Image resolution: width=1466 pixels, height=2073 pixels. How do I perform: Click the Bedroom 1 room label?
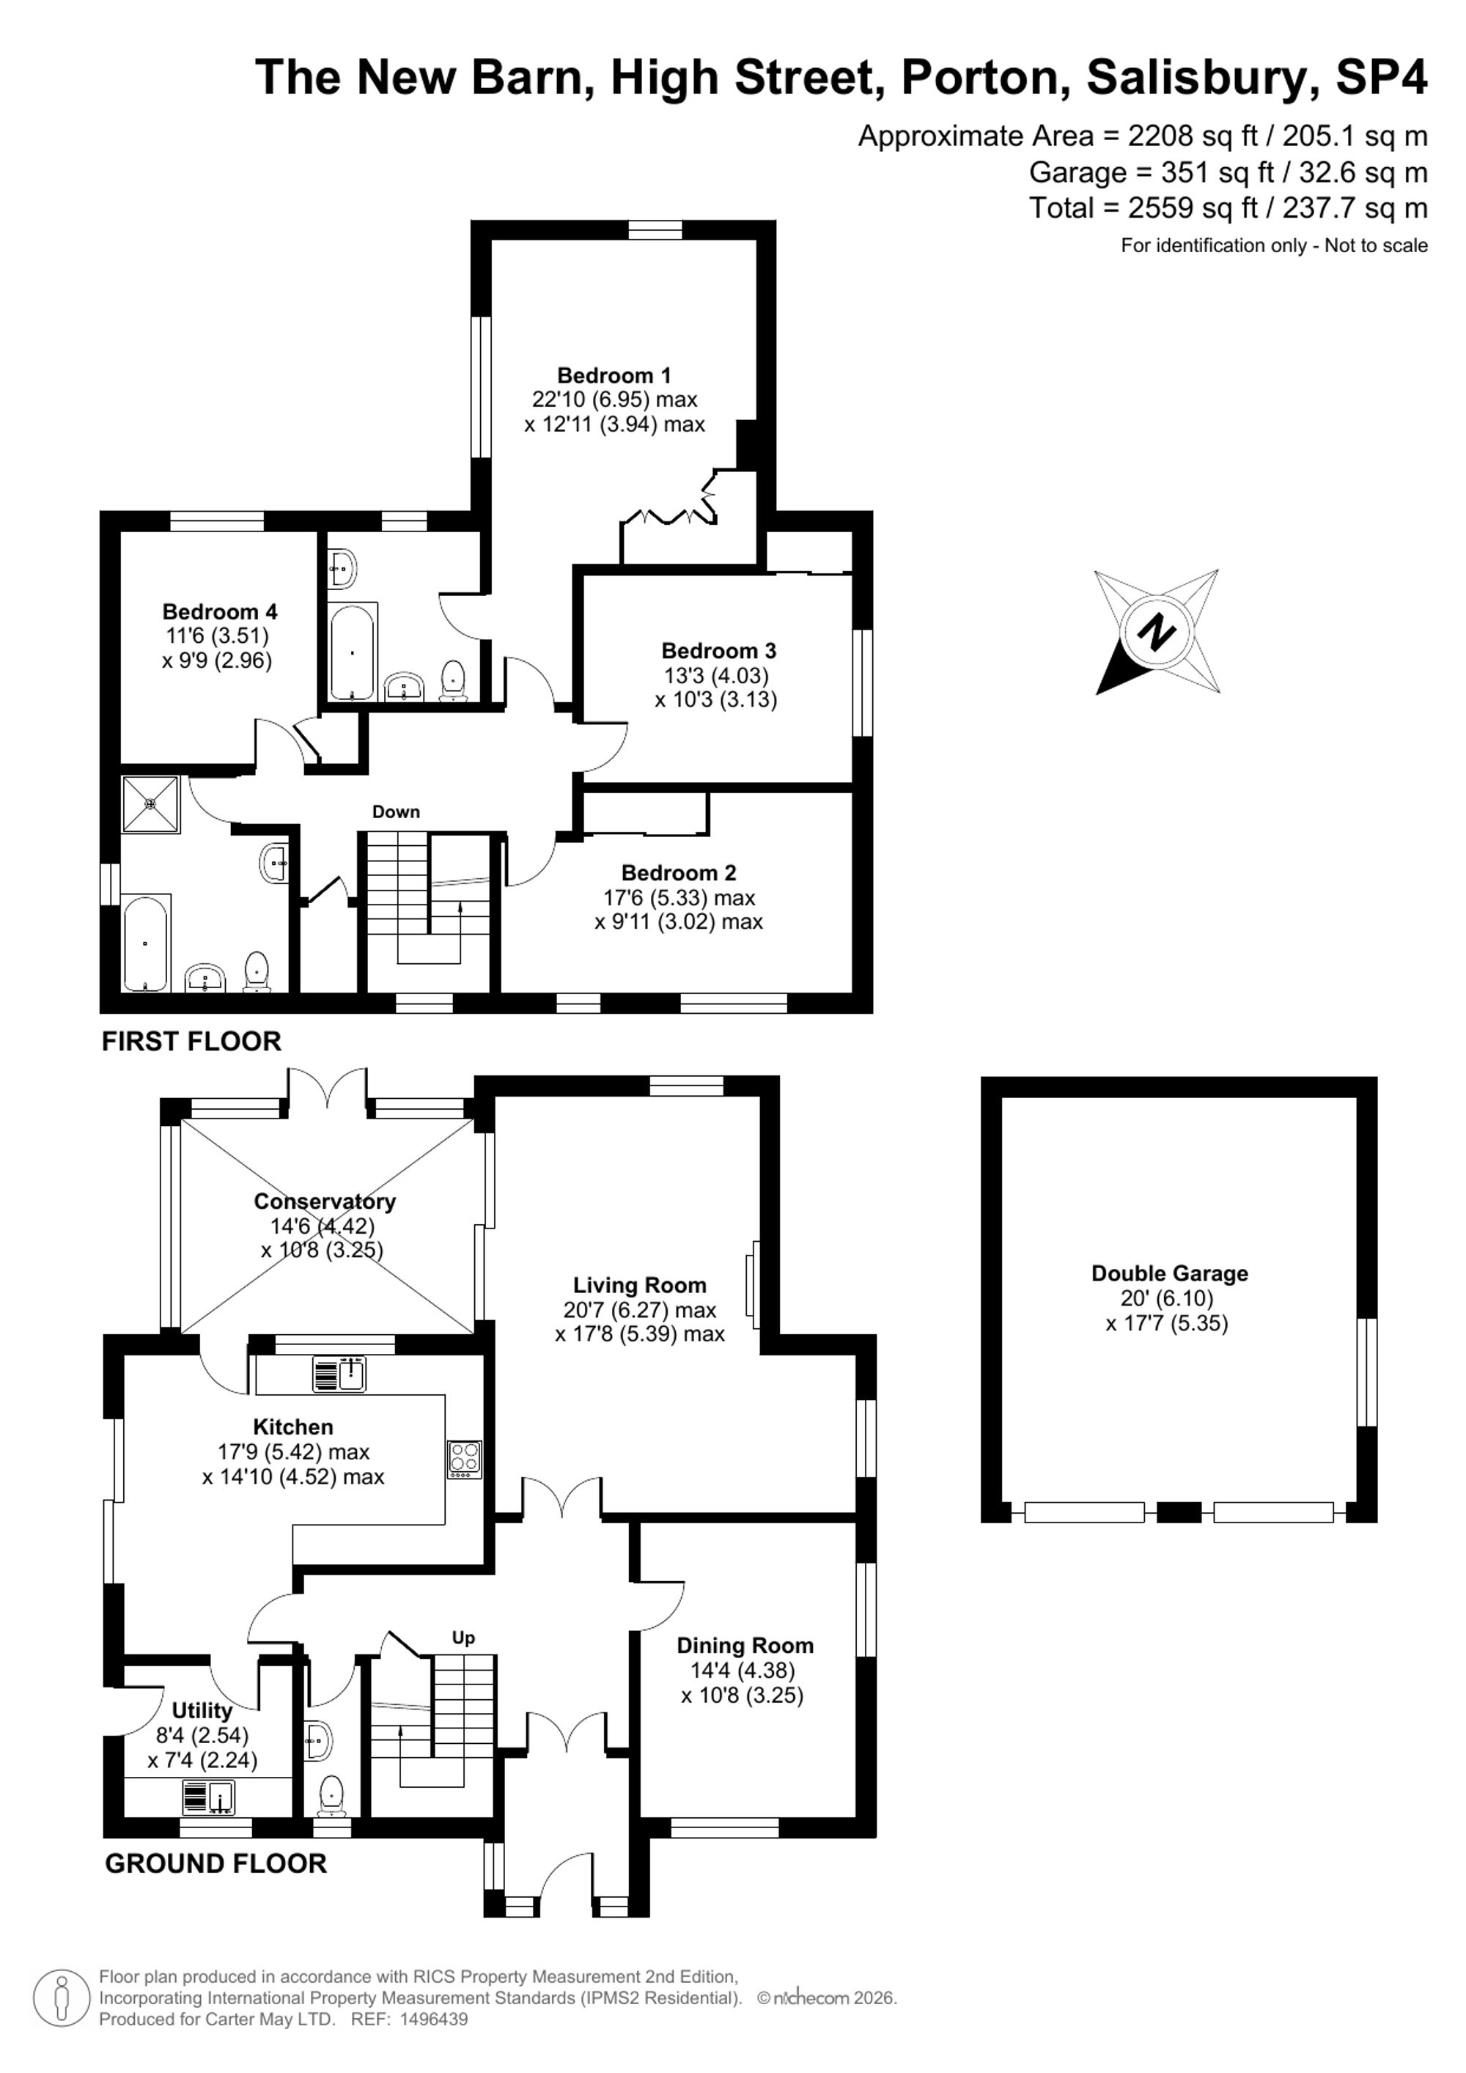point(614,375)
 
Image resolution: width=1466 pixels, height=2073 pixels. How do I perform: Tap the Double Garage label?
point(1169,1273)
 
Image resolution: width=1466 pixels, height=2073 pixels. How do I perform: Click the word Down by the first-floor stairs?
point(397,811)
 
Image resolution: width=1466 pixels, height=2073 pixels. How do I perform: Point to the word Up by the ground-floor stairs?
point(463,1638)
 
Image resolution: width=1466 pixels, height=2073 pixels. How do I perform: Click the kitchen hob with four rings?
point(465,1459)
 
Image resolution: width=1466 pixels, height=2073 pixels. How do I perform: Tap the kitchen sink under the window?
point(339,1374)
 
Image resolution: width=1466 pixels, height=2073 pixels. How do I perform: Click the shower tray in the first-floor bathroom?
point(151,803)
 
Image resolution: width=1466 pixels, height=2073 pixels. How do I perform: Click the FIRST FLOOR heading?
point(191,1041)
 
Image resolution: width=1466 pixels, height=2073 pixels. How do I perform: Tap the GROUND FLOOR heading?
point(216,1863)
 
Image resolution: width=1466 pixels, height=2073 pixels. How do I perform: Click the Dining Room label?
point(745,1646)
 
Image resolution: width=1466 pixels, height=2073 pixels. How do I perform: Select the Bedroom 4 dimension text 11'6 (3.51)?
point(216,636)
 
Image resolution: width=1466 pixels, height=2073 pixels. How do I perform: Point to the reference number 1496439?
point(434,2019)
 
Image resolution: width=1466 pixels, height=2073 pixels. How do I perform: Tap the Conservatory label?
point(325,1201)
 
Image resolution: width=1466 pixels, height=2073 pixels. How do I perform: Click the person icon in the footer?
point(62,1998)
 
